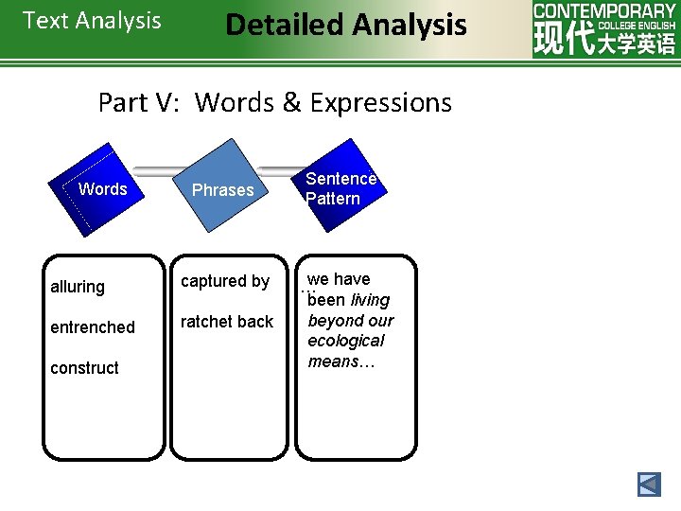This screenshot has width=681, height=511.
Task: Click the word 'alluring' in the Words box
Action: coord(78,287)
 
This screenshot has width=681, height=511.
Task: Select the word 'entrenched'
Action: coord(93,327)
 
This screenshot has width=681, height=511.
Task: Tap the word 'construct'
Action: coord(84,368)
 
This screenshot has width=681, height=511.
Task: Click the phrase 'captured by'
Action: coord(225,281)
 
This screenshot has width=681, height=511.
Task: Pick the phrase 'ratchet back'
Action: coord(227,322)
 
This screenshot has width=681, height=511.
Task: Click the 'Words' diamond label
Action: coord(102,189)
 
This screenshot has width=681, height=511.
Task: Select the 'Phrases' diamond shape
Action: coord(223,189)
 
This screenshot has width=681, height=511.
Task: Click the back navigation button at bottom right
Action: coord(649,485)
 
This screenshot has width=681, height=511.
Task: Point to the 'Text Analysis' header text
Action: coord(92,21)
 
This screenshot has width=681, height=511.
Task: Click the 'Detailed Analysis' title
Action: coord(346,25)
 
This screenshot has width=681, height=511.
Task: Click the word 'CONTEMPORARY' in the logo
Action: coord(604,10)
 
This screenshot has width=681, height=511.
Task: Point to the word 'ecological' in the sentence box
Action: coord(346,341)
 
